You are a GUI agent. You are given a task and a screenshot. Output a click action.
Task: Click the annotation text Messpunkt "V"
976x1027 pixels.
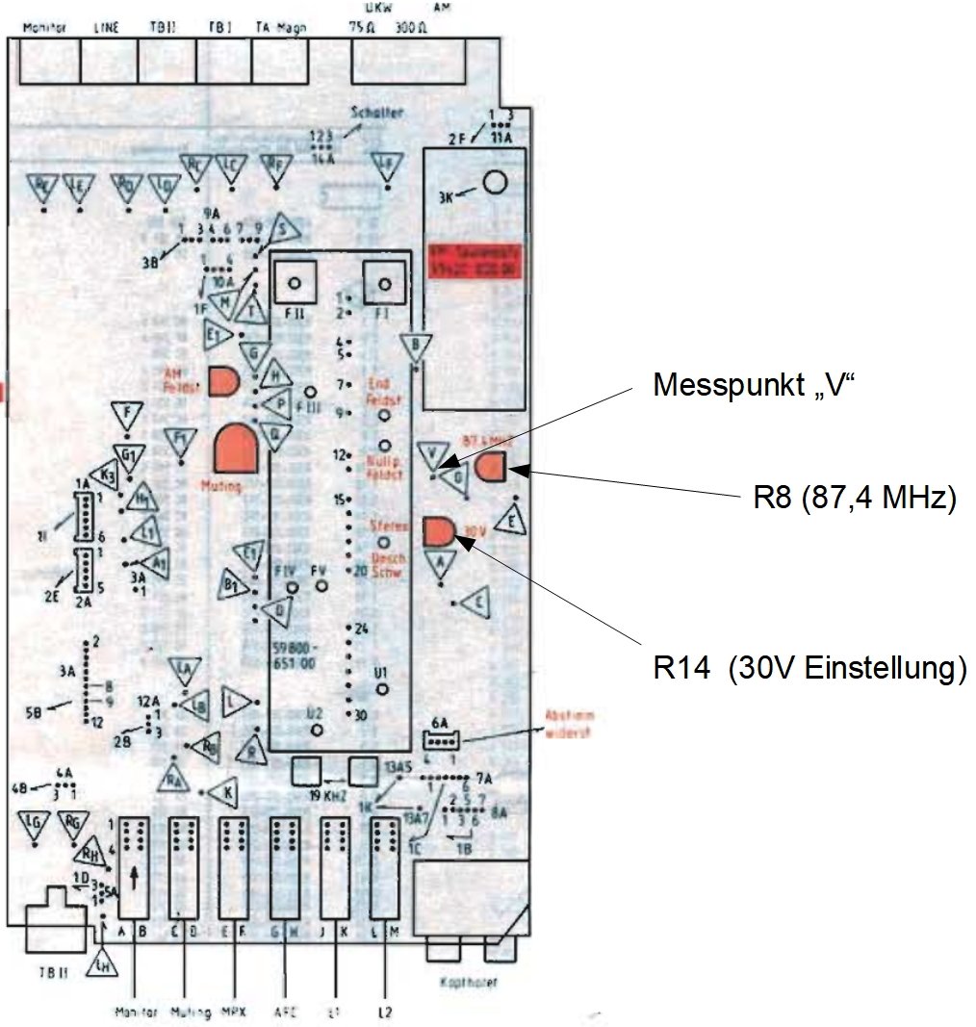pyautogui.click(x=754, y=386)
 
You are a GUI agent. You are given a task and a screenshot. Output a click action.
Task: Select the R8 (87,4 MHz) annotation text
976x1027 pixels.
pyautogui.click(x=853, y=499)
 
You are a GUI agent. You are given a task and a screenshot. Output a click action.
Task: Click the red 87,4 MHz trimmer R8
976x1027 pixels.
pyautogui.click(x=490, y=470)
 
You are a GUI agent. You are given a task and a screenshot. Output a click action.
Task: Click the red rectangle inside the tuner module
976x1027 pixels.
pyautogui.click(x=475, y=261)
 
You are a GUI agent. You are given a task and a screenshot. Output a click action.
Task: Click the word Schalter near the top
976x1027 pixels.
pyautogui.click(x=379, y=113)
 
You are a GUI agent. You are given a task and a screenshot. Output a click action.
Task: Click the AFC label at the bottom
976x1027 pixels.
pyautogui.click(x=285, y=1012)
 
